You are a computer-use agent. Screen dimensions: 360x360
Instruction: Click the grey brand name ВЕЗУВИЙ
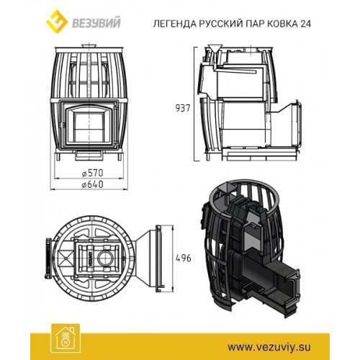(x=96, y=24)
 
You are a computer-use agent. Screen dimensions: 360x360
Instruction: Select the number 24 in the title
(x=305, y=24)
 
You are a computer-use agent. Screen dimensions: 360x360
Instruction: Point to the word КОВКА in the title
(x=282, y=24)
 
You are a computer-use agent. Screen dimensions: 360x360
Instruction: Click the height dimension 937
(x=183, y=108)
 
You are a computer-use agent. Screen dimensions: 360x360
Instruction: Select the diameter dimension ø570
(x=92, y=173)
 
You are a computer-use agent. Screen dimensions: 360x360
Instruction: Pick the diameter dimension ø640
(x=92, y=184)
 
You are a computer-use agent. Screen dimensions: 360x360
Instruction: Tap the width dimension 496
(x=184, y=258)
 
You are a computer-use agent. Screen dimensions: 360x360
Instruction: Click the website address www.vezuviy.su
(x=269, y=347)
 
